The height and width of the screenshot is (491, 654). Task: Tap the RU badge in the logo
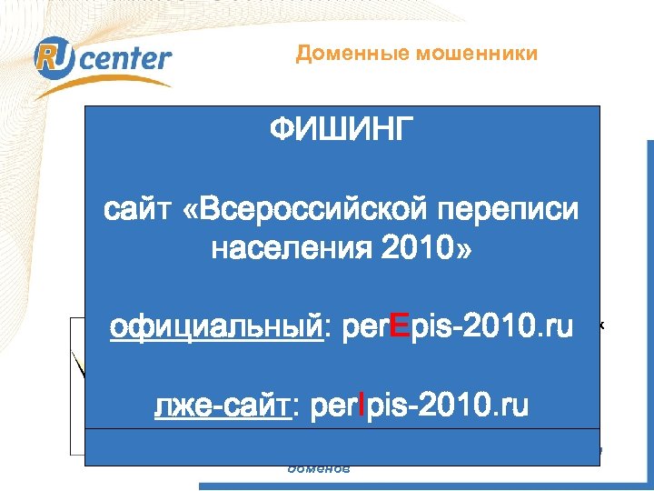point(51,58)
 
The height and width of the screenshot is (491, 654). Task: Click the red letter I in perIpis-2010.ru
point(362,406)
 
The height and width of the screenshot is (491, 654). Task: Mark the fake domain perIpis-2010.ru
point(419,406)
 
